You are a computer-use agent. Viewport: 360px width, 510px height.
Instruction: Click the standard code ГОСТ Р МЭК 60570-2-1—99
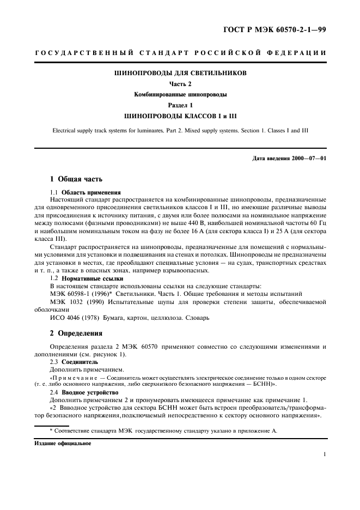coord(281,30)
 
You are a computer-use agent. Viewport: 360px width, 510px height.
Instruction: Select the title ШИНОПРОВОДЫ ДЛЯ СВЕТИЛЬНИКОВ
coord(180,72)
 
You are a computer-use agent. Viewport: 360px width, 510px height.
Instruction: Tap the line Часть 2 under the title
coord(180,84)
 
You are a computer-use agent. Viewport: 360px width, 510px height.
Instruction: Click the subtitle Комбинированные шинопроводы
coord(180,94)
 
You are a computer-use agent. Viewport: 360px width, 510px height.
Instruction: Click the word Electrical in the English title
coord(65,130)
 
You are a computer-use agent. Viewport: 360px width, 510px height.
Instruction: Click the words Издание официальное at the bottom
coord(63,443)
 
